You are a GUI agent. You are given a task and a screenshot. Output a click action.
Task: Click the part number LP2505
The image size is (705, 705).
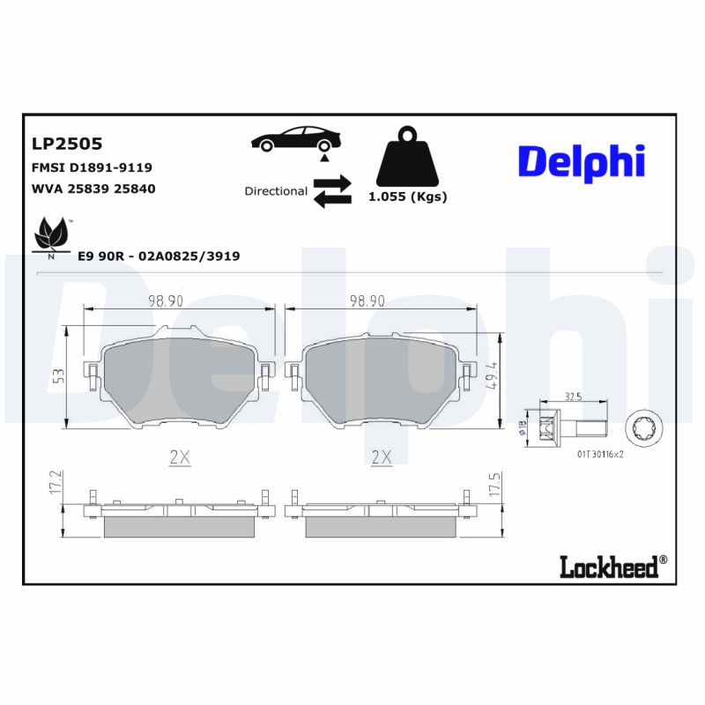click(x=67, y=144)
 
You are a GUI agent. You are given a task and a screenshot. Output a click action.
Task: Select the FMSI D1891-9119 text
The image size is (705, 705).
click(x=92, y=167)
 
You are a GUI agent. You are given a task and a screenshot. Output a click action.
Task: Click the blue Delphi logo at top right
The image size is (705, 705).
click(x=581, y=162)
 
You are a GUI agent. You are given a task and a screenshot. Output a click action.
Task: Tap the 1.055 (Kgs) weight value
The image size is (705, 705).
click(x=407, y=197)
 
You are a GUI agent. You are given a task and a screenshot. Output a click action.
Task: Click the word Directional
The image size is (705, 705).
click(x=276, y=191)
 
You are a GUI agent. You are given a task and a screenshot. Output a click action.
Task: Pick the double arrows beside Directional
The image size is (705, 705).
click(x=331, y=191)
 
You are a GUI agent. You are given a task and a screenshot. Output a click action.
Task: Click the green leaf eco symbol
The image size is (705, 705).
click(x=51, y=236)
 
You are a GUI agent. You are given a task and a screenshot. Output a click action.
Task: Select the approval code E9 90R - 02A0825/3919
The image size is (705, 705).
click(x=159, y=256)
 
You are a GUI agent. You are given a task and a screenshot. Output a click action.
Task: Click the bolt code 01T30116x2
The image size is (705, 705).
click(x=600, y=456)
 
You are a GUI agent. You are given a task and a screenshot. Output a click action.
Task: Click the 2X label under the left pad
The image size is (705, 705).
click(x=180, y=456)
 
